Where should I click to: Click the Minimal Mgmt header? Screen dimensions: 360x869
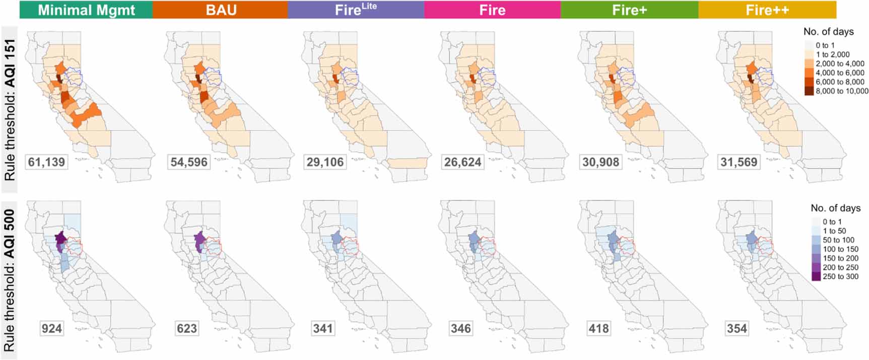click(86, 10)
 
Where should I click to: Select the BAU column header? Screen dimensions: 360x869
click(221, 10)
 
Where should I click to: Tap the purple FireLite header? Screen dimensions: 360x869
click(356, 10)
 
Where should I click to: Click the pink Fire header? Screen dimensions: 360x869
click(492, 10)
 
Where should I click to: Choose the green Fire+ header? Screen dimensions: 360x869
click(629, 10)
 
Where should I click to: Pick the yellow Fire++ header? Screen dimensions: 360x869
click(767, 10)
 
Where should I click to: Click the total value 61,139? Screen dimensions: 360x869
click(46, 162)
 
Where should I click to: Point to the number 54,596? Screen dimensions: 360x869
click(189, 162)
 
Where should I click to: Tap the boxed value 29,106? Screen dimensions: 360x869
click(325, 162)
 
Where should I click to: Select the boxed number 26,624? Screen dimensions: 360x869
click(462, 162)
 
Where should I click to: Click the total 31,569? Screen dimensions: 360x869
click(739, 162)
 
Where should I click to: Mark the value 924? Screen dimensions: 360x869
click(51, 329)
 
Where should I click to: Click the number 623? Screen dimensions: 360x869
click(186, 329)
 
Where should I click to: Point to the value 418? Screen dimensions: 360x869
click(598, 329)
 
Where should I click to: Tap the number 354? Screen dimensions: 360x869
click(737, 329)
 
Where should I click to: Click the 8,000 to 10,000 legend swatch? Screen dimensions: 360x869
click(809, 91)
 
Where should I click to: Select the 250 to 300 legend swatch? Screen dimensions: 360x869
click(816, 276)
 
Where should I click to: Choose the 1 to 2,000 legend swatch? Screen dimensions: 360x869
click(809, 54)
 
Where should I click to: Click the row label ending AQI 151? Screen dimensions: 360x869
click(10, 110)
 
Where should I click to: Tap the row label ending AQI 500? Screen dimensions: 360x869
click(10, 280)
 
